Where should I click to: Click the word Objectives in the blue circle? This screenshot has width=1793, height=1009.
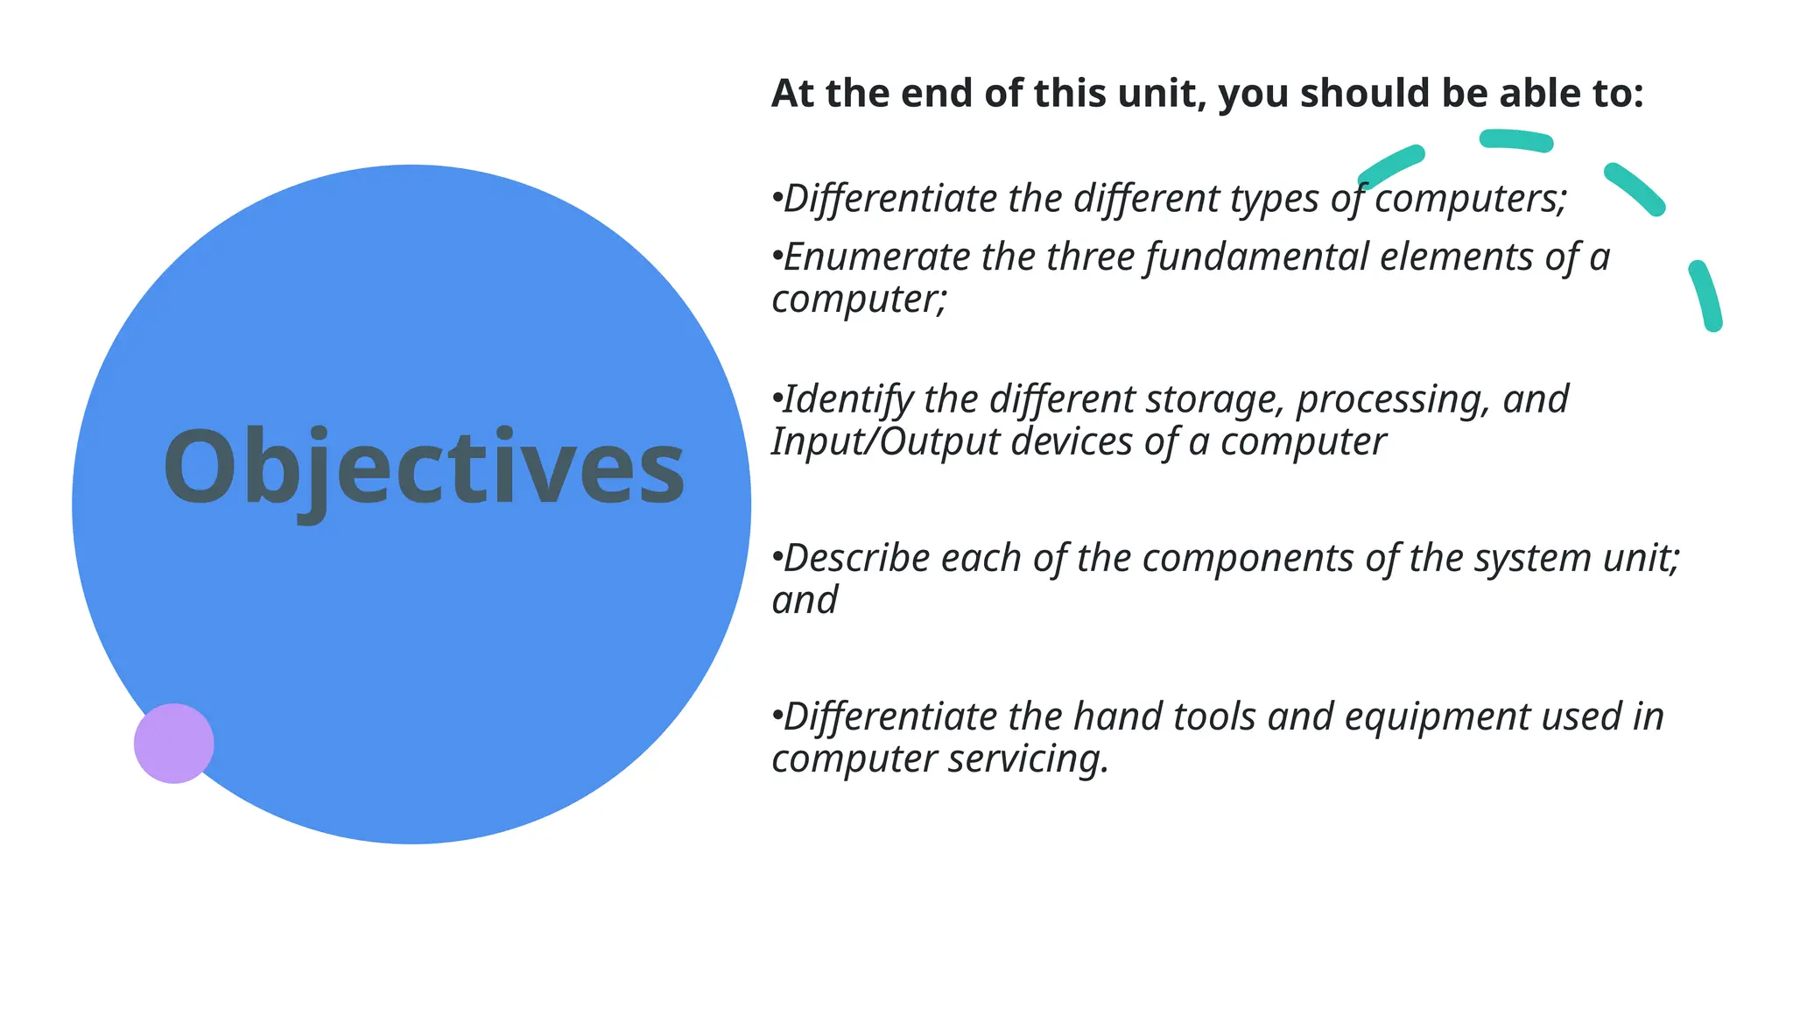(424, 468)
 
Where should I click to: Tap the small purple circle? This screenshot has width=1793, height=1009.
(173, 744)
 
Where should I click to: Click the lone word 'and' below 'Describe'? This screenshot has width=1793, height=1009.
(805, 601)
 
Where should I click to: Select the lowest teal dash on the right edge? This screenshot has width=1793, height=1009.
(1706, 295)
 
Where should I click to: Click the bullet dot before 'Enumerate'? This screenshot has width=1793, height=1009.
(776, 256)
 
